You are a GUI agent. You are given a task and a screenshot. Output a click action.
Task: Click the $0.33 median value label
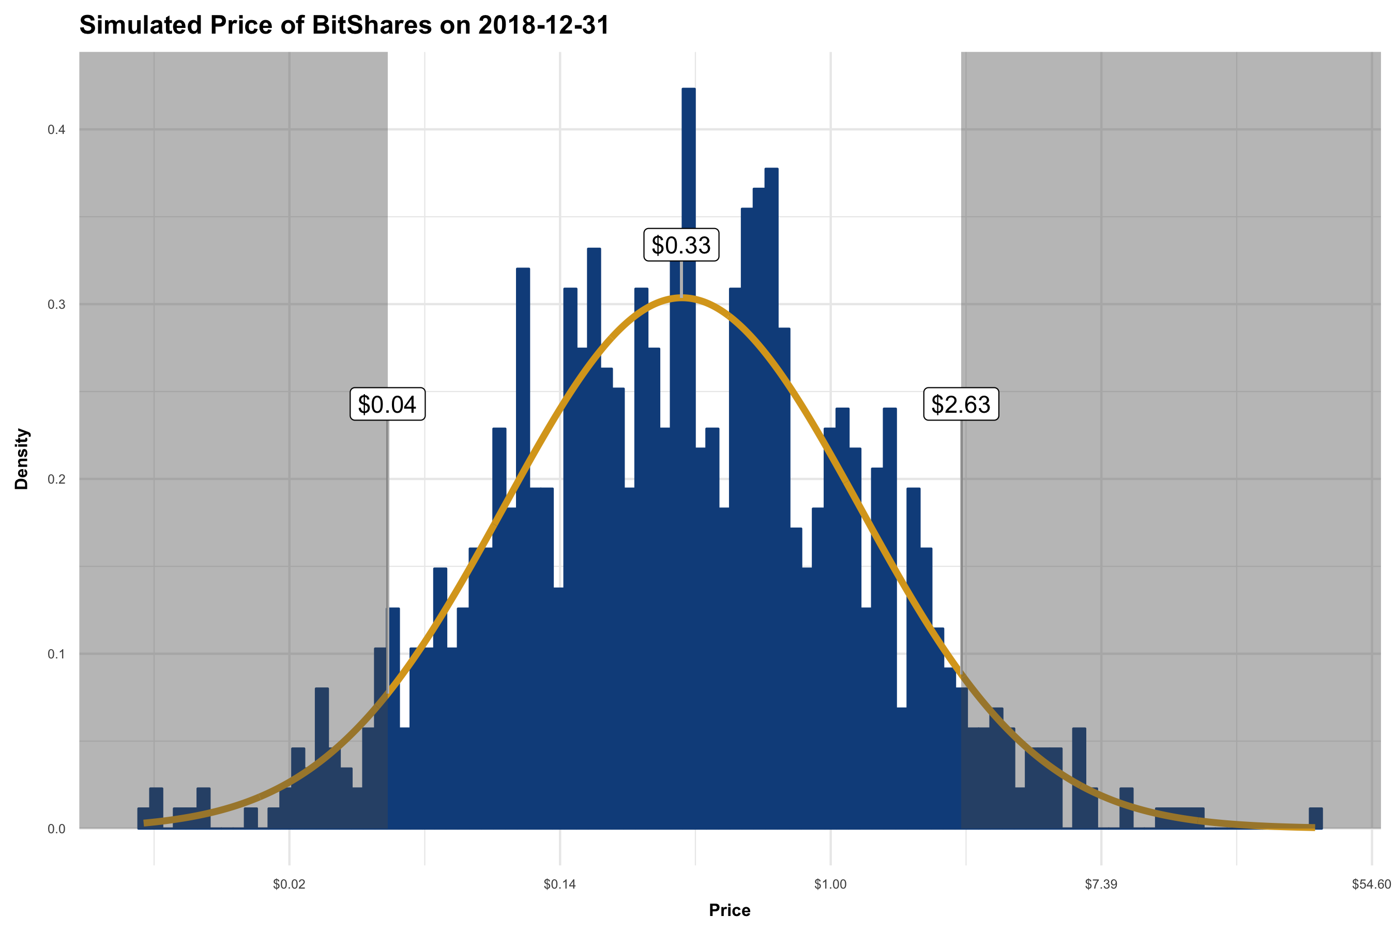click(681, 245)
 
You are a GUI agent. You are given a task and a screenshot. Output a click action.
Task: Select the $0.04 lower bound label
click(387, 404)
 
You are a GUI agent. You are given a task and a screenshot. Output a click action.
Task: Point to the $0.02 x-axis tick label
click(289, 884)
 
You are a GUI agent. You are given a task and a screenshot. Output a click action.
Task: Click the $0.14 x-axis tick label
click(560, 884)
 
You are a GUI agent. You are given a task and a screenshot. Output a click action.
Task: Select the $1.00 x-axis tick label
click(830, 884)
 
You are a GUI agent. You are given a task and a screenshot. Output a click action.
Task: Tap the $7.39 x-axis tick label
click(1101, 884)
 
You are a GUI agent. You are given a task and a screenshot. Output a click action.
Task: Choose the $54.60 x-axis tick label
click(1371, 884)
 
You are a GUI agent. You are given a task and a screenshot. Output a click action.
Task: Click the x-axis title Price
click(730, 910)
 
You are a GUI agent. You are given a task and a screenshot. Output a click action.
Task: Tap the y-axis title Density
click(21, 458)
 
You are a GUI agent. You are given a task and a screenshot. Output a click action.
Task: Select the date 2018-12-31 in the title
click(543, 25)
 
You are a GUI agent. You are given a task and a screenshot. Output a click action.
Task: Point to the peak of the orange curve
click(681, 298)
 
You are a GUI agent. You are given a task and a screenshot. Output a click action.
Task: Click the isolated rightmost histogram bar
click(1316, 818)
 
